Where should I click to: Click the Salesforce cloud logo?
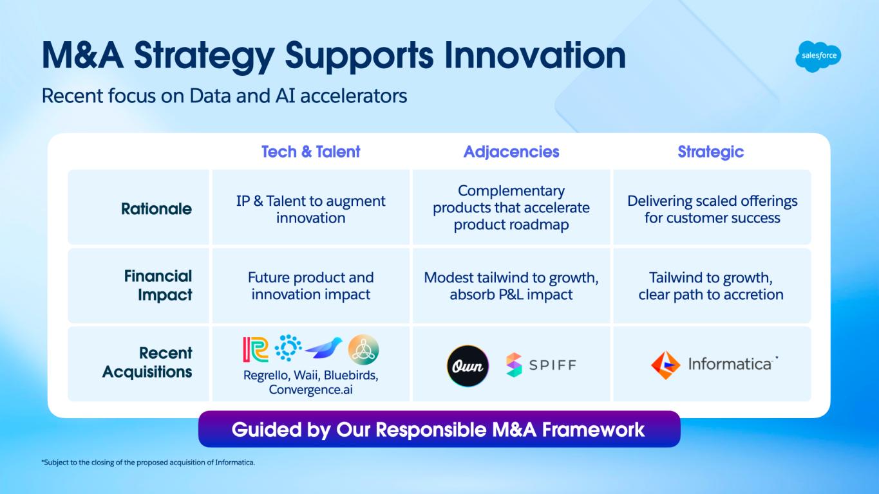[x=818, y=56]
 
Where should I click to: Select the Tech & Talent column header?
[x=310, y=152]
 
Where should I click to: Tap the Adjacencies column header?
[x=511, y=152]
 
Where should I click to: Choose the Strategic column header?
[x=710, y=152]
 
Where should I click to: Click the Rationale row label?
[x=156, y=208]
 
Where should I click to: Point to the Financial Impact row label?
[x=158, y=286]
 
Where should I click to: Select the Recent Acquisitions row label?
[x=147, y=363]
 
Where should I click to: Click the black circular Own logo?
[x=468, y=365]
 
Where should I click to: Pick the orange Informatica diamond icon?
[x=665, y=365]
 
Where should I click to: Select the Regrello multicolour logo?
[x=256, y=349]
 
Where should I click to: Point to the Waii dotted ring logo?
[x=288, y=349]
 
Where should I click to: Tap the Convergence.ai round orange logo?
[x=363, y=349]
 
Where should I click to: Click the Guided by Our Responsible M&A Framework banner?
[x=439, y=429]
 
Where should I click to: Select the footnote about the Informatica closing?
[x=149, y=462]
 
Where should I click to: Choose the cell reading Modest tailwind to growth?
[x=511, y=286]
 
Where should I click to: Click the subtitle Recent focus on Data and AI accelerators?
[x=224, y=96]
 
